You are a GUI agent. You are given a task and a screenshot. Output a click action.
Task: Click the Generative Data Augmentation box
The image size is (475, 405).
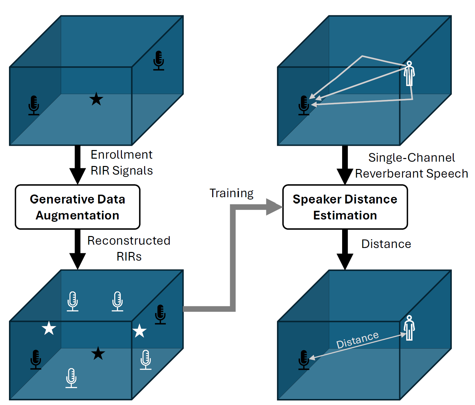77,207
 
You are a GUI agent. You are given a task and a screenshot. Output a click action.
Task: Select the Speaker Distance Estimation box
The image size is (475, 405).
345,207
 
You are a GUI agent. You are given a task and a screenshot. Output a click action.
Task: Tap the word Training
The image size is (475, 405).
232,193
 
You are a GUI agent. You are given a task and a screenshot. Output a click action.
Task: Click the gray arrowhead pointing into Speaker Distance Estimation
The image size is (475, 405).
274,207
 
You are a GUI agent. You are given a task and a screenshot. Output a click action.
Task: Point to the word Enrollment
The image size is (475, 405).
122,155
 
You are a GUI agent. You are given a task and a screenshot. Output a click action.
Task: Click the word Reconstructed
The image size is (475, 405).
129,241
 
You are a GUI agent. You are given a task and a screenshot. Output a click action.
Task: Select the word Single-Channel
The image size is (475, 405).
412,158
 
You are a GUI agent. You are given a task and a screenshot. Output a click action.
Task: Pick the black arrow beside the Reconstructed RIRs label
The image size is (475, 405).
77,249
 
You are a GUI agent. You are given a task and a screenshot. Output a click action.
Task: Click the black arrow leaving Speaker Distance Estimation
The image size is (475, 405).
345,249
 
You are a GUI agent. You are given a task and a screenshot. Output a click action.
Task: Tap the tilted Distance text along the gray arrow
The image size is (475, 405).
357,340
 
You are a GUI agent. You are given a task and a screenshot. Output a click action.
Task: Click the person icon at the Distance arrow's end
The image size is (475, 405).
409,328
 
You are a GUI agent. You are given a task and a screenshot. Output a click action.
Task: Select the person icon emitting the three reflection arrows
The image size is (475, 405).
409,73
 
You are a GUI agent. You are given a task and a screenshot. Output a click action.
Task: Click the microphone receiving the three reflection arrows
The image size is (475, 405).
304,105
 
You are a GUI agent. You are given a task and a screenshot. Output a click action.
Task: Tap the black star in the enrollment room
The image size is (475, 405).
96,99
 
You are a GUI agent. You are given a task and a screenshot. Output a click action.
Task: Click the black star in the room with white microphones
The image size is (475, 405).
98,354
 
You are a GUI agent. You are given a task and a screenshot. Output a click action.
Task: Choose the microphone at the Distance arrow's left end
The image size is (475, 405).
304,360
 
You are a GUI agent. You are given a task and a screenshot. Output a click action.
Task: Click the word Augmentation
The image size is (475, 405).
77,215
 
